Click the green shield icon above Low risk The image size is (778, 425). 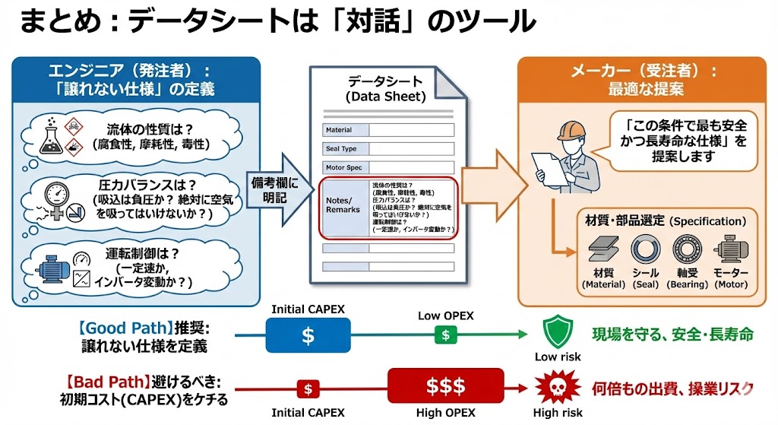click(558, 332)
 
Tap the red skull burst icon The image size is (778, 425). click(557, 389)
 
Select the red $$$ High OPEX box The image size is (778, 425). click(445, 386)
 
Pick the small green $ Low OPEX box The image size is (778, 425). click(445, 335)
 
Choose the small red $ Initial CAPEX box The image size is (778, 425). click(308, 389)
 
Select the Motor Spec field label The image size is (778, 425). click(343, 167)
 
